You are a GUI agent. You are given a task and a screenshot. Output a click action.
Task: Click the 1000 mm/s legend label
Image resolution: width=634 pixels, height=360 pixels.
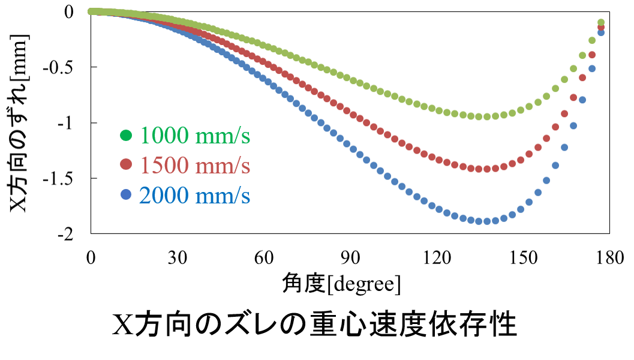click(x=195, y=136)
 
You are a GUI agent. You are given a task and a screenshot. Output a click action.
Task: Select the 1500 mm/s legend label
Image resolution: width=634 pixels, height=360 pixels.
click(x=195, y=165)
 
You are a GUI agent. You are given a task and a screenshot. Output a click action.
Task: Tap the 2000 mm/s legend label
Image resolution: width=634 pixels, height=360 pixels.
click(x=195, y=195)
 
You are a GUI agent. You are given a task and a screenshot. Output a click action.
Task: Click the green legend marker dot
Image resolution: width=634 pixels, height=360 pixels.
click(x=126, y=136)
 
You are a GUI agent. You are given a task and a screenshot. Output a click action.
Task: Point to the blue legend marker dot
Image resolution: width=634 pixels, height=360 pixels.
click(x=126, y=194)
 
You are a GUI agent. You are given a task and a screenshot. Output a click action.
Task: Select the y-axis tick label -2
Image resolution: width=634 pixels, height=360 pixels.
click(x=65, y=235)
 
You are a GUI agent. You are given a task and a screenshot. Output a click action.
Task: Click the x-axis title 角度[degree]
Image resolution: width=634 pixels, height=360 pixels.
click(x=341, y=283)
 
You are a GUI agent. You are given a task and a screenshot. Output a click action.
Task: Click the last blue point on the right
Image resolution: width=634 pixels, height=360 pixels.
click(x=601, y=32)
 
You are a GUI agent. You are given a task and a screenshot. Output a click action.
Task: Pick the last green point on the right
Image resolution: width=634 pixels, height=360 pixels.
click(x=601, y=23)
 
